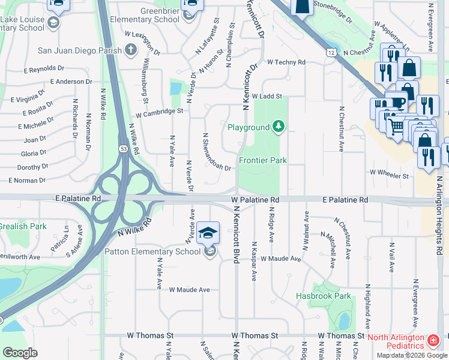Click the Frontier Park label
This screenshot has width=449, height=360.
coord(263,161)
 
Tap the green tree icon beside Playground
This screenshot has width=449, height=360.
coord(278,127)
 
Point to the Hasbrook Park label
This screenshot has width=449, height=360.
coord(323,296)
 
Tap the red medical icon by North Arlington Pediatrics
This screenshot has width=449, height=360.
coord(433,341)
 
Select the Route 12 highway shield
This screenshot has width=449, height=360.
coord(331,53)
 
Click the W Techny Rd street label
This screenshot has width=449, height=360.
coord(286,62)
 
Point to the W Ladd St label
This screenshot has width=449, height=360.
coord(267,96)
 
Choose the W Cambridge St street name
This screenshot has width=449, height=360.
coord(159,112)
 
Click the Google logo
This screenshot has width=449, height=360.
coord(20,352)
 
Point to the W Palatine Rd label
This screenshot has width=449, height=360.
coord(256,199)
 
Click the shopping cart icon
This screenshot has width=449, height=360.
coord(396,127)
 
